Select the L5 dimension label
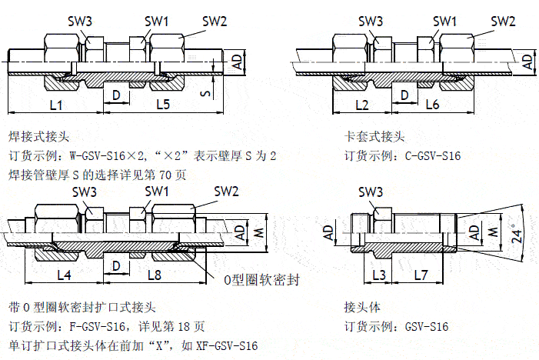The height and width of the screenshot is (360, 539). [162, 103]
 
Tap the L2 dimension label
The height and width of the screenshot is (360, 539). [363, 103]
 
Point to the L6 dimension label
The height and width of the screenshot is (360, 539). [431, 103]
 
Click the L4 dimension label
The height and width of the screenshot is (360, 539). [65, 274]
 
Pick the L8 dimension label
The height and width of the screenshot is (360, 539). [155, 274]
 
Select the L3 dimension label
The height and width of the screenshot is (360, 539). [378, 274]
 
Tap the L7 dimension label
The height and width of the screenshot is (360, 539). [420, 274]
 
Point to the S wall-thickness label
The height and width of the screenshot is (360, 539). [204, 93]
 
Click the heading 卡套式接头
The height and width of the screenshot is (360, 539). [374, 137]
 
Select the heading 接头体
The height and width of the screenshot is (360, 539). [361, 307]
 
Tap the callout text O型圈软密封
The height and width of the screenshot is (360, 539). [261, 280]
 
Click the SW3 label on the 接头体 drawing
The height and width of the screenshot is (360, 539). [371, 192]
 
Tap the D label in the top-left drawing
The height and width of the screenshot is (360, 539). [116, 95]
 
